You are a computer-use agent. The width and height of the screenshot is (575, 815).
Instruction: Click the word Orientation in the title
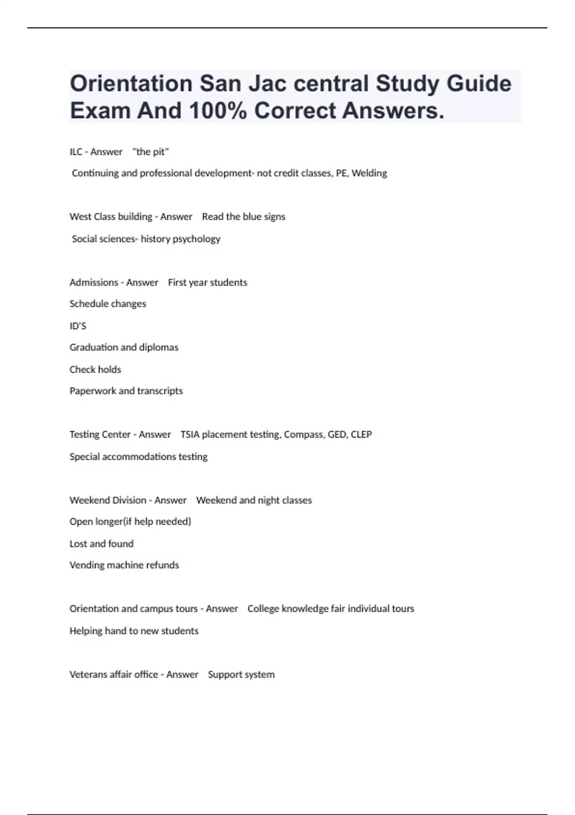coord(131,84)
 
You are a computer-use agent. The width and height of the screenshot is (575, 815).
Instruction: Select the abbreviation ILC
coord(76,152)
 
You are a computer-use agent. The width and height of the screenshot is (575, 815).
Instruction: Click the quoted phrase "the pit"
coord(150,152)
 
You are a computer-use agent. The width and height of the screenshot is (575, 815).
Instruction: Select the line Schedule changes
coord(108,304)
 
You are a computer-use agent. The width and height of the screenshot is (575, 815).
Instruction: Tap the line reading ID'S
coord(78,326)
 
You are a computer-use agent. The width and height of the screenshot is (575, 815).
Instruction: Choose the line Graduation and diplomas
coord(124,347)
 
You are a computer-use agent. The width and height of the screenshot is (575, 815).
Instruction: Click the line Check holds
coord(95,370)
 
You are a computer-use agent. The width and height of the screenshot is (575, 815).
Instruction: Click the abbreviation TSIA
coord(190,434)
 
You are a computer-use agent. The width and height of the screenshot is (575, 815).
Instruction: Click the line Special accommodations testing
coord(138,456)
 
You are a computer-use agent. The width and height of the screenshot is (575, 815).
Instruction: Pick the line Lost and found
coord(101,544)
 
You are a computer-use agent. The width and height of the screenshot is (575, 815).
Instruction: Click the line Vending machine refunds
coord(124,565)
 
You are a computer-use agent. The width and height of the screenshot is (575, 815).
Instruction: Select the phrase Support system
coord(241,675)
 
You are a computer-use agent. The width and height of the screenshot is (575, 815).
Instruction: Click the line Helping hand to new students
coord(134,631)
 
